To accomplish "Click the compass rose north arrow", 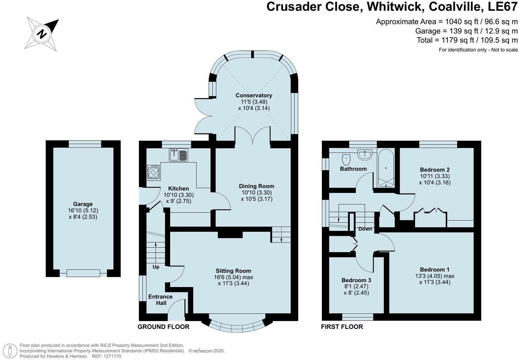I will (42, 34).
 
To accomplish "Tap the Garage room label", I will (83, 204).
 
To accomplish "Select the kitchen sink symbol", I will (178, 155).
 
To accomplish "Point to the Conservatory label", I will (254, 95).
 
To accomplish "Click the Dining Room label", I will (256, 186).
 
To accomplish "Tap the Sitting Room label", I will (233, 271).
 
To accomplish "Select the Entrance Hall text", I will (160, 300).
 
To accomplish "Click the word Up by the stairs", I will (156, 267).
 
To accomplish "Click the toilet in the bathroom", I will (346, 159).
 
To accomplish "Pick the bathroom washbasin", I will (365, 154).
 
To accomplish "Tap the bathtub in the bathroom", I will (386, 168).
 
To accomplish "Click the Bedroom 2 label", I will (435, 170).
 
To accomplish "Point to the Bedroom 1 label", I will (435, 269).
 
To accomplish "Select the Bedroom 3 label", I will (356, 280).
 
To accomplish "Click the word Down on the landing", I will (365, 229).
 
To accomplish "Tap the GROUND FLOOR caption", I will (164, 327).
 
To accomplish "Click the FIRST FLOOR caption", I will (342, 327).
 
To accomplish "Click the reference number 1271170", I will (110, 356).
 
